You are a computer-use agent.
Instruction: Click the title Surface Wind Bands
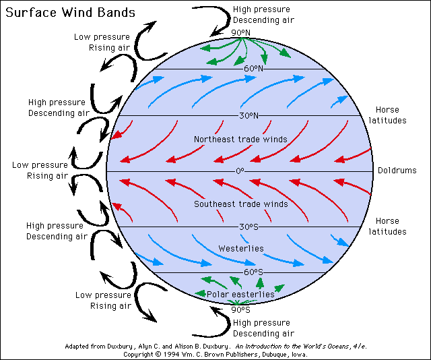tap(70, 12)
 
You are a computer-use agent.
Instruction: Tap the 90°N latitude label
tap(241, 33)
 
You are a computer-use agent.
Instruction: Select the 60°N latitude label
tap(253, 68)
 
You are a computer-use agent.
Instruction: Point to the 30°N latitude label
tap(248, 115)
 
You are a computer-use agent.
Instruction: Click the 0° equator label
tap(240, 171)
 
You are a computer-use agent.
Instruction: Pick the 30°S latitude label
tap(248, 227)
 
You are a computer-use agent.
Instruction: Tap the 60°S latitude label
tap(253, 272)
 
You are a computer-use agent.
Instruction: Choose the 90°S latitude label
tap(241, 310)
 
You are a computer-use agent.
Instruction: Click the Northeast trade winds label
tap(241, 140)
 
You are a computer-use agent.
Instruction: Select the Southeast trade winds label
tap(241, 204)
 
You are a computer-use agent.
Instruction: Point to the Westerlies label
tap(241, 249)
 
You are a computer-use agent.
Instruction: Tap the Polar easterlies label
tap(240, 294)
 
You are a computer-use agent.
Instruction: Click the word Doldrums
tap(397, 171)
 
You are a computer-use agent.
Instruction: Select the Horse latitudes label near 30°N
tap(388, 115)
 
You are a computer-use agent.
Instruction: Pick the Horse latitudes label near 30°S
tap(388, 227)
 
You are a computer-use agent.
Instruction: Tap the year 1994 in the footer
tap(170, 354)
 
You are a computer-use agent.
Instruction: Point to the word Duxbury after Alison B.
tap(215, 347)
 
